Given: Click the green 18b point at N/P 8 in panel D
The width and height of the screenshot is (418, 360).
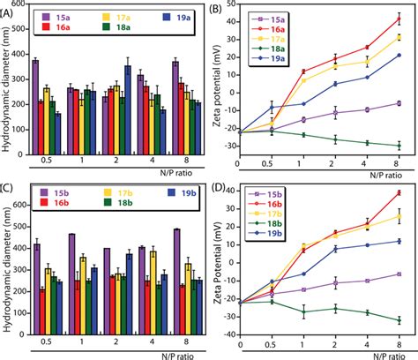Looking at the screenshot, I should pyautogui.click(x=399, y=320).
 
